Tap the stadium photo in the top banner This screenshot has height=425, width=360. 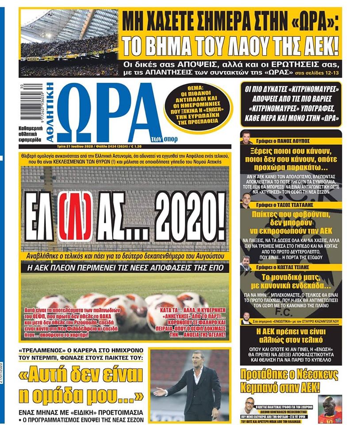pyautogui.click(x=69, y=42)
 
